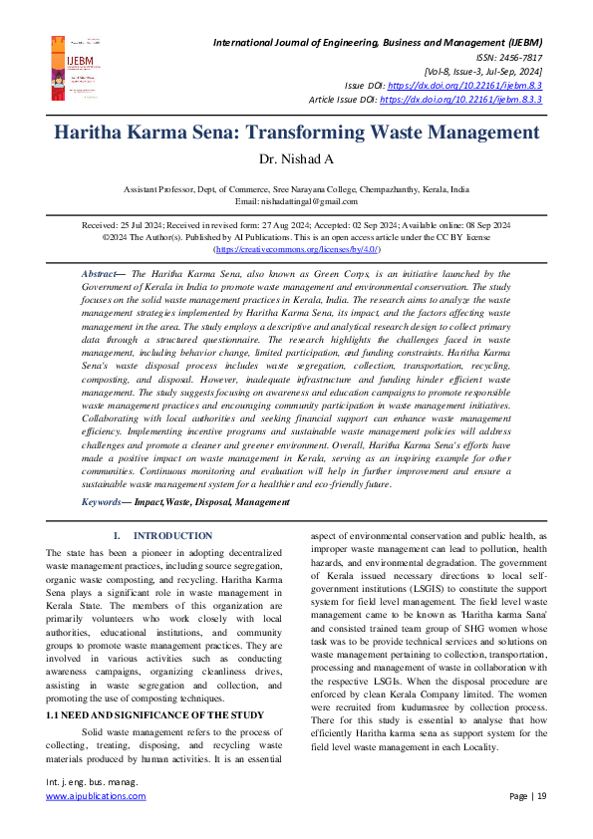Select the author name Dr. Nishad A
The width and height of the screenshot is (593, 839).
point(296,159)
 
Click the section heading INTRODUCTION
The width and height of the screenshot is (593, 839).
point(172,536)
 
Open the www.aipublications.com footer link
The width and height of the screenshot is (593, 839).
point(96,796)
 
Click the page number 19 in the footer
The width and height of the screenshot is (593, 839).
point(540,796)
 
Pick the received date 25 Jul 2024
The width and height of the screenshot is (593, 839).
point(152,226)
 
